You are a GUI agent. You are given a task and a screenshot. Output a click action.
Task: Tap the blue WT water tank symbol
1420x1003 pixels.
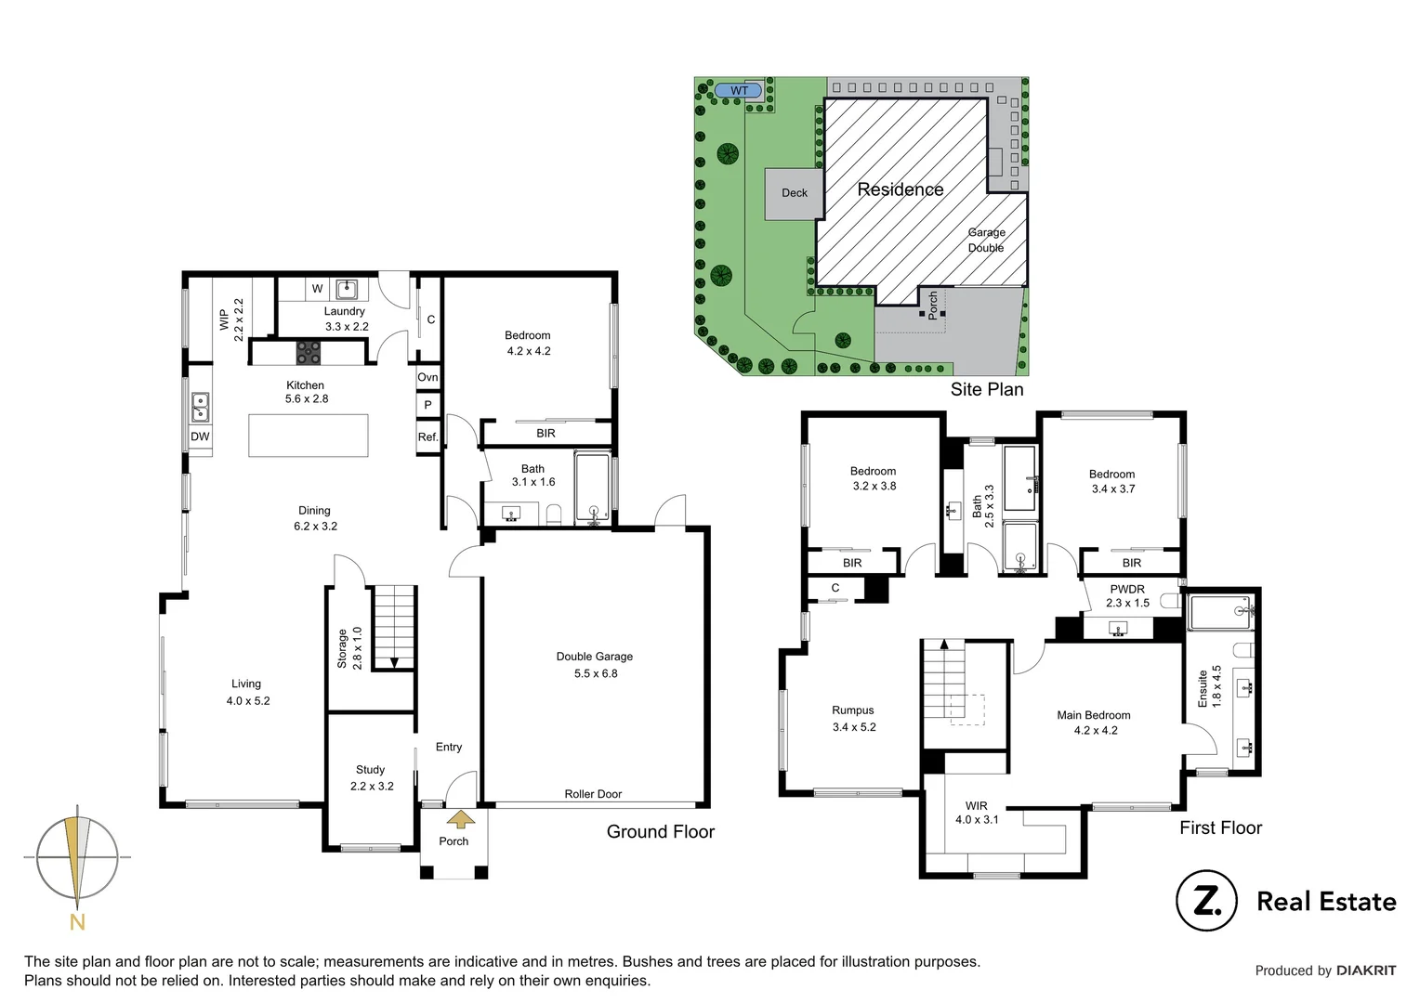(739, 90)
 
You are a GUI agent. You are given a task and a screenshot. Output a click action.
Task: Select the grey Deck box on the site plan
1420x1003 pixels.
(794, 193)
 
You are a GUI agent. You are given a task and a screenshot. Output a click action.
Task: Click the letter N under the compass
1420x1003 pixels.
(77, 922)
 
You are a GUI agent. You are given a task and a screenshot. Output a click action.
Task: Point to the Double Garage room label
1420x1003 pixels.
(595, 664)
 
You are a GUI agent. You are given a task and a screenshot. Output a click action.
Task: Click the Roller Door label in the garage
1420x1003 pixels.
(593, 794)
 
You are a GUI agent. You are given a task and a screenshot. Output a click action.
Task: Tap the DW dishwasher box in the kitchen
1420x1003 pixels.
(200, 436)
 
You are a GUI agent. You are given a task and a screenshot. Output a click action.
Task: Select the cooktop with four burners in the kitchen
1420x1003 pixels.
(309, 353)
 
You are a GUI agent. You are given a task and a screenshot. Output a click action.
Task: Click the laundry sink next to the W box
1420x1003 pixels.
(347, 289)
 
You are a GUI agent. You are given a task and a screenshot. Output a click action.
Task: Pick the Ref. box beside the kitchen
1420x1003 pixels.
(427, 437)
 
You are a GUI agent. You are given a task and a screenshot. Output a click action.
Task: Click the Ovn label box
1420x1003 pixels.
(427, 377)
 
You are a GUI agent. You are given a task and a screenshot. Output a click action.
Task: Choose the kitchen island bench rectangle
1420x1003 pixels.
(308, 435)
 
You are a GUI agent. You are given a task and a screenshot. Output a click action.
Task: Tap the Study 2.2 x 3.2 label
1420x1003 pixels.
(372, 777)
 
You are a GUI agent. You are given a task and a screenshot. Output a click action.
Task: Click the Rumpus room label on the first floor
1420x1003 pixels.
(853, 718)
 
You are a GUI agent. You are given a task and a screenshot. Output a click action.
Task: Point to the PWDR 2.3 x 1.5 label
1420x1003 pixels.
(1127, 595)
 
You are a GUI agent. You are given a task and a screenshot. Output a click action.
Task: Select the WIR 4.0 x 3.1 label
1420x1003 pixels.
(977, 813)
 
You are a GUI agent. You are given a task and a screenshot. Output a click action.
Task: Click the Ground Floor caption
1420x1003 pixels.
(661, 832)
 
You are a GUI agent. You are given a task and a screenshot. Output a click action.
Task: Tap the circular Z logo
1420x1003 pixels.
(1205, 900)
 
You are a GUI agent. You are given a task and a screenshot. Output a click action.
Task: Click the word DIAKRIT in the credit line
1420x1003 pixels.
(1366, 970)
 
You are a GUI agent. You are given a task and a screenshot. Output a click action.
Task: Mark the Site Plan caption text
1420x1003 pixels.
(987, 390)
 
